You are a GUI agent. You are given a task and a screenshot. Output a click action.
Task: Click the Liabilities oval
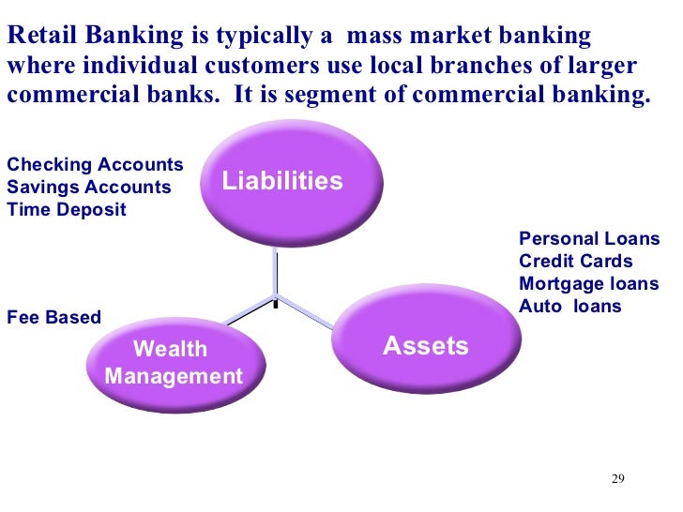281,181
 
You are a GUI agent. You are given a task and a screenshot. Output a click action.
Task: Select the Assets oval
426,346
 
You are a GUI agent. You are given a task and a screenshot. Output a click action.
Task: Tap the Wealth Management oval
174,362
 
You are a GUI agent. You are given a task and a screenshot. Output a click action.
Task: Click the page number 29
617,480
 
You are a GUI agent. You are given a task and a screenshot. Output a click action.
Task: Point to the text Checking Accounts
95,165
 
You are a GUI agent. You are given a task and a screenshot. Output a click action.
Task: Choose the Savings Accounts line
89,187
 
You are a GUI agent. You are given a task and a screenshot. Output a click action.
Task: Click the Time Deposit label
66,209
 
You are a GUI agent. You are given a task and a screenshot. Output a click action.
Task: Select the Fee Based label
53,317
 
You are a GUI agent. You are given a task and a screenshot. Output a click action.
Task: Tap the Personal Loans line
589,239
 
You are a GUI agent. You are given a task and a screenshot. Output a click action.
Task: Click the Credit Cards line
576,262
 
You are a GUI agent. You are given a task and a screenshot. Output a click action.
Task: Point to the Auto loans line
569,306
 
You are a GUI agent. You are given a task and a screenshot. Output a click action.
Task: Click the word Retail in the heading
37,37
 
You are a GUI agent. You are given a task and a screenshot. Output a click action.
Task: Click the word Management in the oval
174,377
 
